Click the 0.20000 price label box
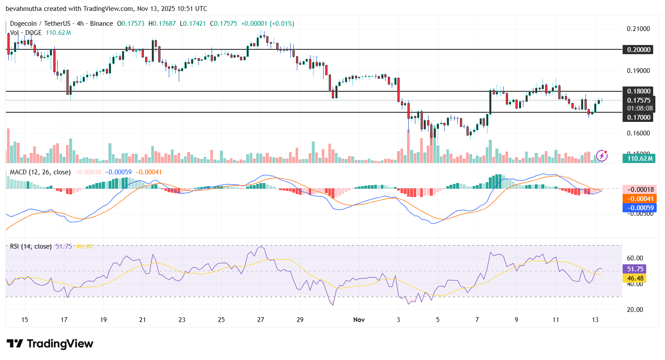coord(639,50)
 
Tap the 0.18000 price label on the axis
coord(639,91)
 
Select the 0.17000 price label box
coord(639,117)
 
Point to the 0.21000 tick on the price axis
coord(638,29)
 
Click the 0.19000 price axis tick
coord(638,71)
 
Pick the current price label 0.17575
coord(639,100)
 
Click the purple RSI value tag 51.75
coord(635,269)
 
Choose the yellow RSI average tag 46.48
coord(635,278)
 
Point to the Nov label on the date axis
coord(359,320)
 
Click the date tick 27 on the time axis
coord(261,320)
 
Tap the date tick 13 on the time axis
coord(595,320)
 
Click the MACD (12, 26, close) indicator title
coord(40,172)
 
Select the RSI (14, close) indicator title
coord(31,246)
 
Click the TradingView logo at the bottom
coord(50,344)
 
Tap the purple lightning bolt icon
coord(602,156)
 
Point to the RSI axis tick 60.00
coord(635,258)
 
